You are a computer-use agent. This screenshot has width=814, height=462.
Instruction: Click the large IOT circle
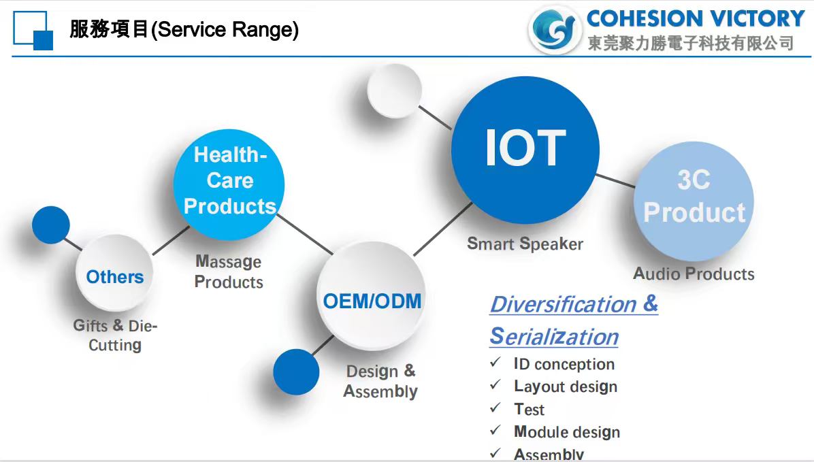pos(525,150)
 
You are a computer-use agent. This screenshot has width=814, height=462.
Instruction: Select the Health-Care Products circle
pos(229,185)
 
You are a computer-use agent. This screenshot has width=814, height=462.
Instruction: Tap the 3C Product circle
pos(694,201)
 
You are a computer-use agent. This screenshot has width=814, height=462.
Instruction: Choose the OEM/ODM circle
pos(371,296)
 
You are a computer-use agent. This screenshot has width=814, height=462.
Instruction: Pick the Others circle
pos(115,273)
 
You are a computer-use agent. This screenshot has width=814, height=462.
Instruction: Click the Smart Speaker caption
pos(525,244)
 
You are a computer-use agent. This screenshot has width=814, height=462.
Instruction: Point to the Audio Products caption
pos(694,274)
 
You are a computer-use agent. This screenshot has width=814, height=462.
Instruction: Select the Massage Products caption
pos(229,271)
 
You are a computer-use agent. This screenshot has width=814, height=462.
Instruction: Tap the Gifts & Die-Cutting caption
pos(115,335)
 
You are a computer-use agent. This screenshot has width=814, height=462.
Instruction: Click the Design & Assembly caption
pos(380,381)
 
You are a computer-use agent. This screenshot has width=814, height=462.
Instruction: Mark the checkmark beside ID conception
pos(495,362)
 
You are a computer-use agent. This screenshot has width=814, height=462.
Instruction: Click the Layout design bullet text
pos(566,386)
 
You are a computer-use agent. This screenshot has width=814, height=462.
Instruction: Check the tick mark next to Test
pos(495,408)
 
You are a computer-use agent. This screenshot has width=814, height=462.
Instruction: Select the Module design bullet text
pos(567,432)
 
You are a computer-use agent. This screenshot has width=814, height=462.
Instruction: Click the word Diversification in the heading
pos(564,304)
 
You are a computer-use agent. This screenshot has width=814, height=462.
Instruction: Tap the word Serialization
pos(554,336)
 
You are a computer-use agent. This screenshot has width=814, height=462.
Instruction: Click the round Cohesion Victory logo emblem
pos(555,29)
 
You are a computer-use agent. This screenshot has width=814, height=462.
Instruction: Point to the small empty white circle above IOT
pos(395,90)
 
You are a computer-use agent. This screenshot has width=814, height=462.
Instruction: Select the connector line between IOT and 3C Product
pos(615,180)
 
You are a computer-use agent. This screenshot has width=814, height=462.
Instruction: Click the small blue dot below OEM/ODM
pos(296,372)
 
